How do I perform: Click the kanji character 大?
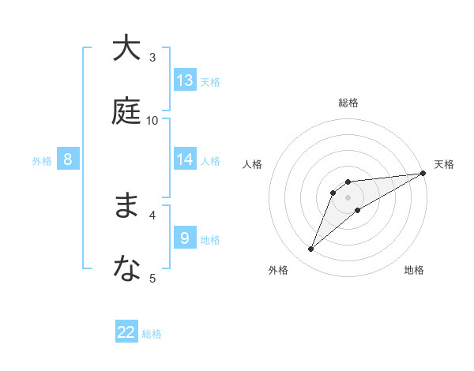pos(126,48)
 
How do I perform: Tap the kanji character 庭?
pos(126,111)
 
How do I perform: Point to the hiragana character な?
pos(126,269)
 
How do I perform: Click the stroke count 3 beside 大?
pos(152,57)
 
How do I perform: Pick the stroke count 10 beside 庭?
pos(152,120)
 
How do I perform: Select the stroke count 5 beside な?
pos(152,278)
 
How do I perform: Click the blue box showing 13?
pos(185,81)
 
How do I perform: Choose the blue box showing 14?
pos(185,159)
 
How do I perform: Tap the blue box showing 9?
pos(185,238)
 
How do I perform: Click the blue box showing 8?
pos(68,159)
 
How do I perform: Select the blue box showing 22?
pos(126,332)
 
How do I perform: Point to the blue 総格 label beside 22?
pos(152,334)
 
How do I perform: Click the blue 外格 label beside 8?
pos(42,161)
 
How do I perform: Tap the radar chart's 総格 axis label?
pos(348,103)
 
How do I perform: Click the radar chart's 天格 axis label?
pos(444,164)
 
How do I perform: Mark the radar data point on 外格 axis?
pos(311,249)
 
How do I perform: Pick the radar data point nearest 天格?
pos(423,174)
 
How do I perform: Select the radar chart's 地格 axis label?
pos(414,271)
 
